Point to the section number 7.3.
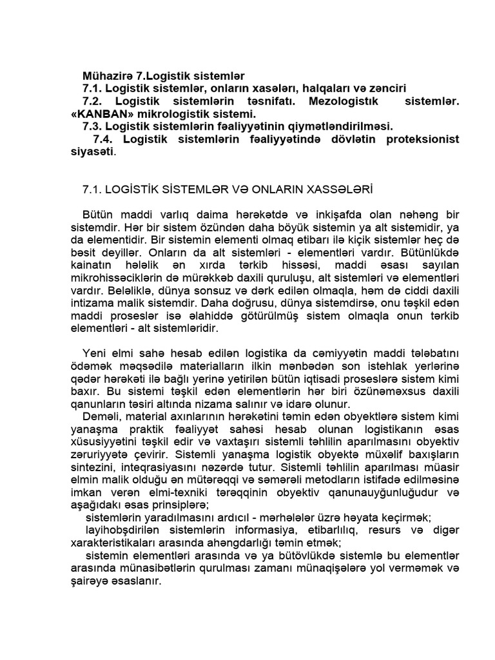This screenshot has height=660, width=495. click(93, 126)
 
